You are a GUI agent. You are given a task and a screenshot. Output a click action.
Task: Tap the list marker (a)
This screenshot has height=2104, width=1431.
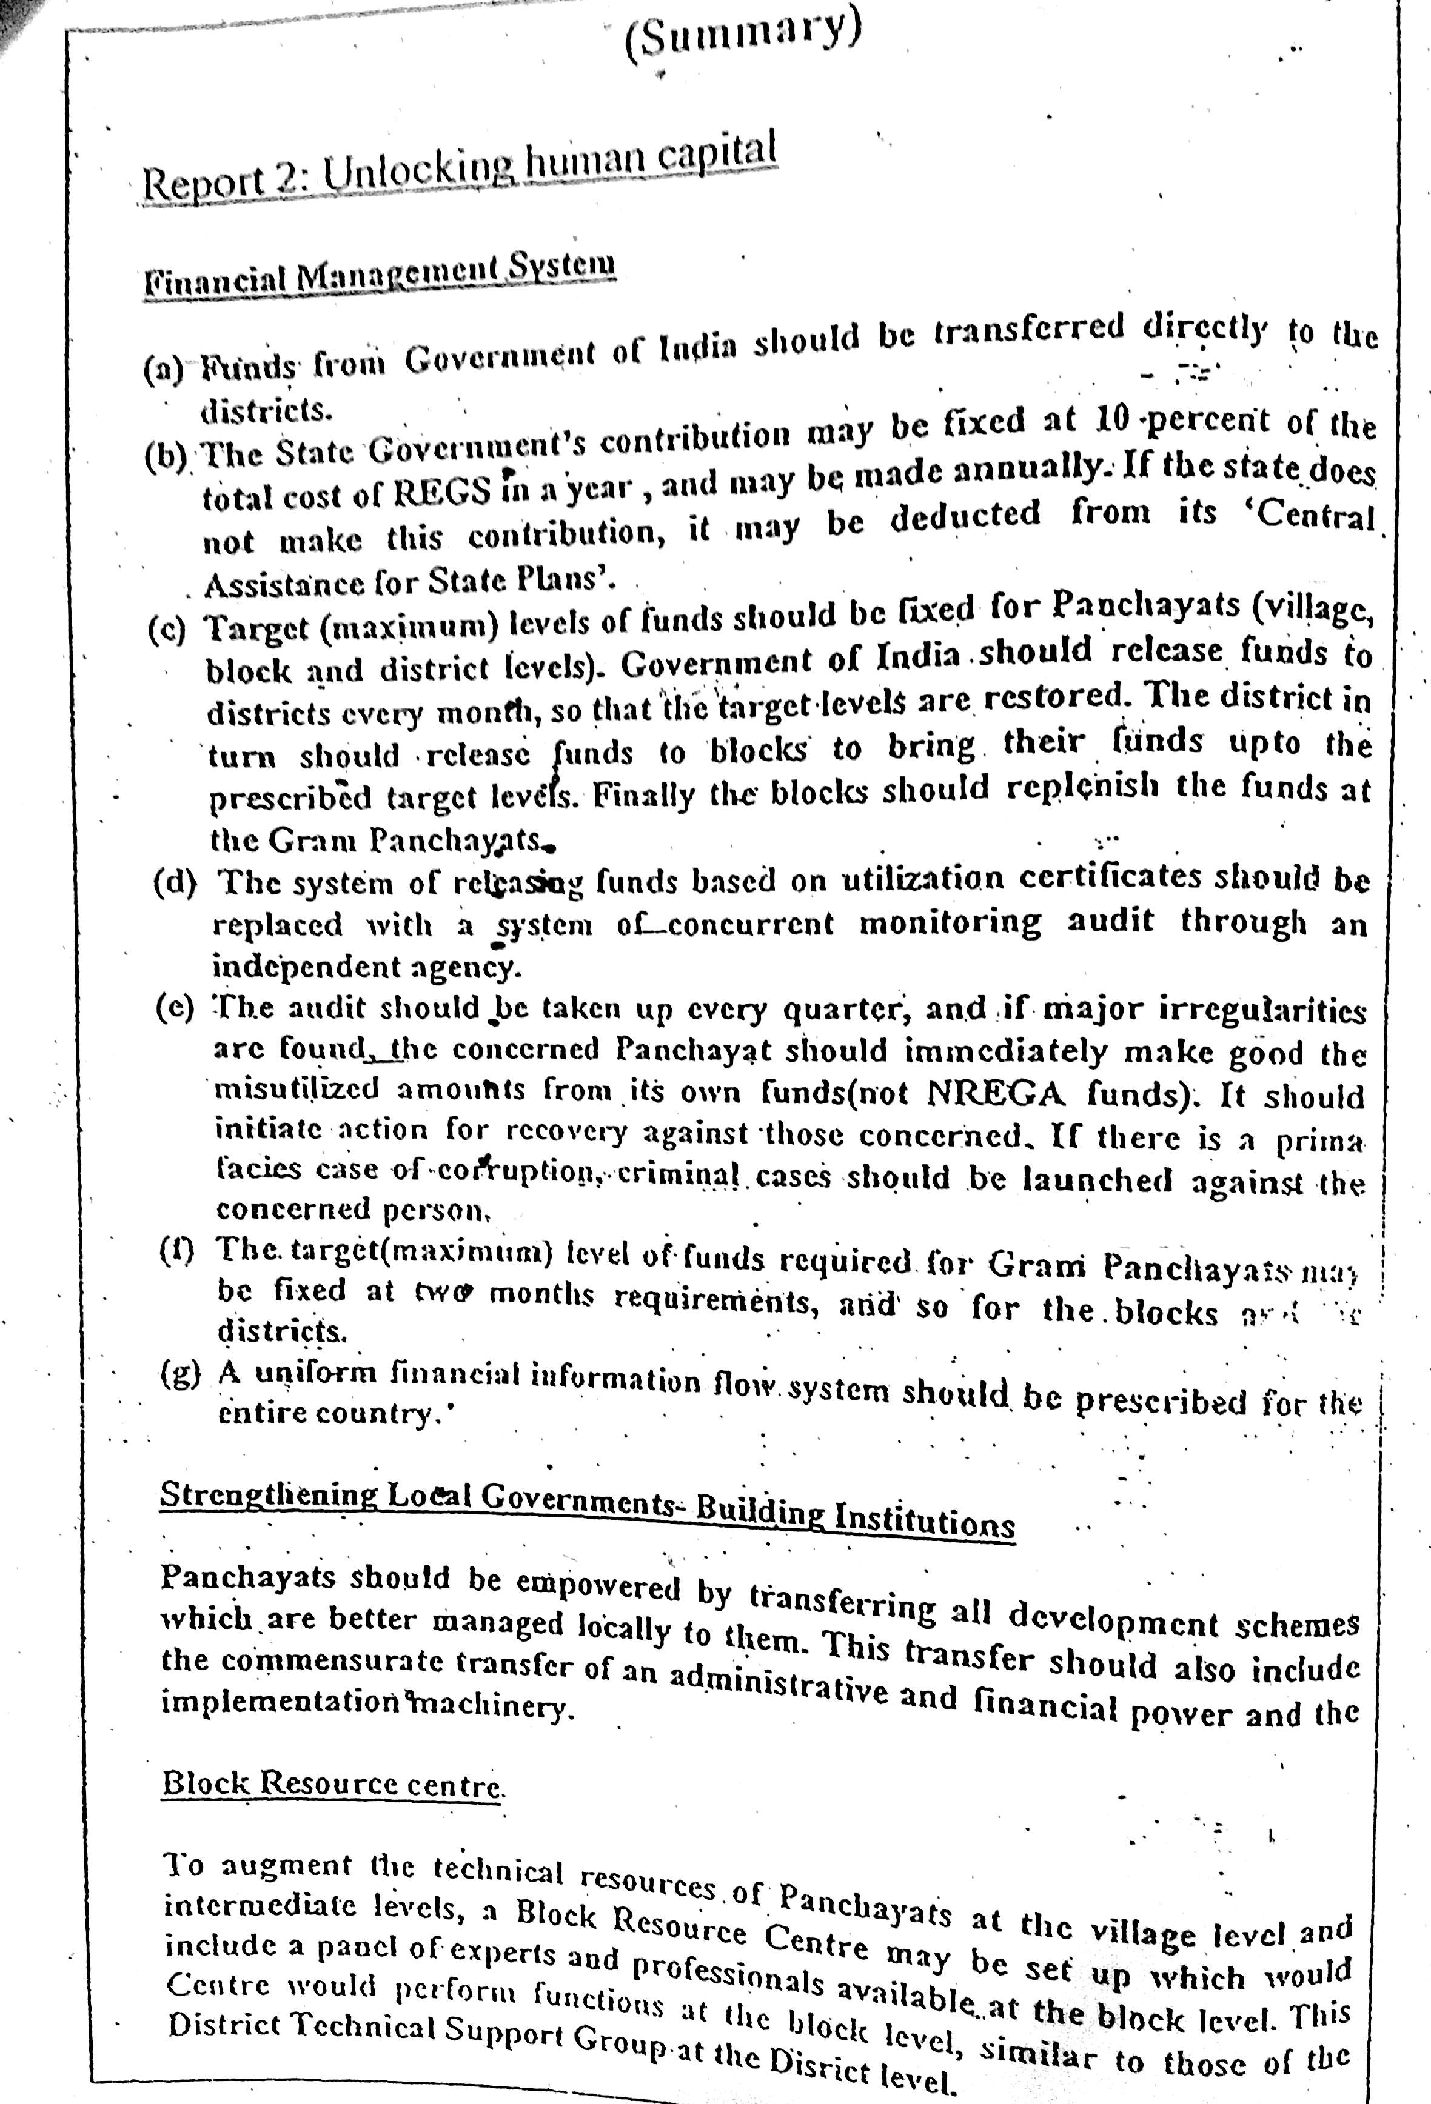click(x=164, y=370)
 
